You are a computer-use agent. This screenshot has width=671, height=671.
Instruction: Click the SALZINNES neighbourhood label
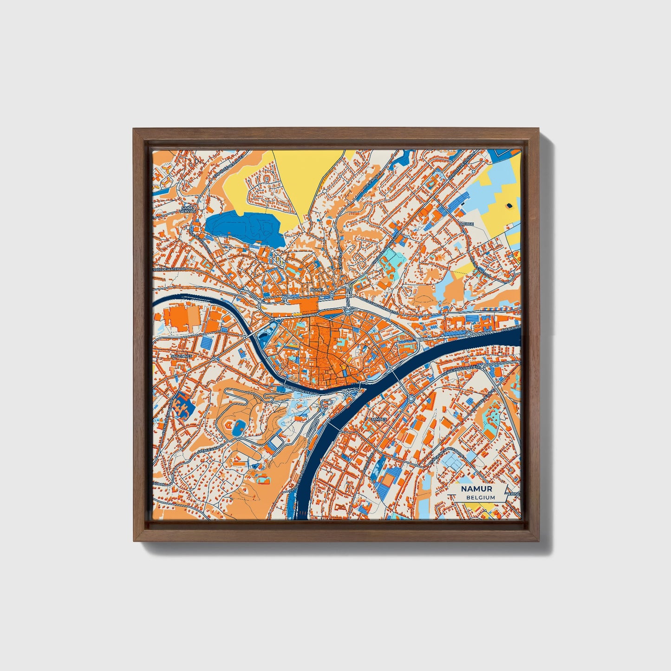(x=181, y=356)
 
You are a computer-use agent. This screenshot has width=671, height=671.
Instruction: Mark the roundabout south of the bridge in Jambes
(x=410, y=398)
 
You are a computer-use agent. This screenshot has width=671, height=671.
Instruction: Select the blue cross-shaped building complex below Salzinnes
(x=182, y=404)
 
